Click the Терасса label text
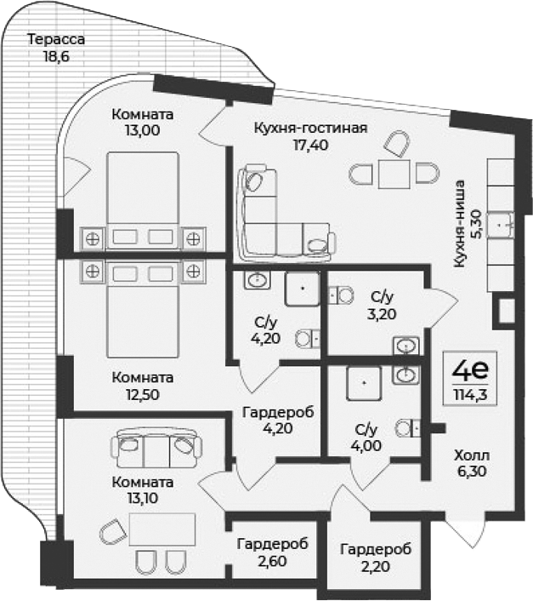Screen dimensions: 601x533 56,39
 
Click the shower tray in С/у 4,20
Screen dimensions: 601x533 301,289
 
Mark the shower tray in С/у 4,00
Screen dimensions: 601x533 366,385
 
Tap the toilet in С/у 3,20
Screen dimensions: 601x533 343,295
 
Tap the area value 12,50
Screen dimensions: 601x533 142,394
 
